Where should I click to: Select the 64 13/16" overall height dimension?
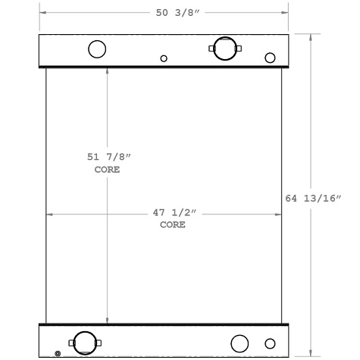coord(314,199)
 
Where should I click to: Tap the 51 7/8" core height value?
coord(107,158)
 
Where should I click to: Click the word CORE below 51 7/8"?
coord(107,170)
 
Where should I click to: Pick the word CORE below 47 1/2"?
coord(172,225)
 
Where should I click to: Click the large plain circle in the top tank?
coord(97,49)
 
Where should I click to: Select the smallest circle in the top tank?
coord(164,58)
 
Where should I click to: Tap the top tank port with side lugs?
coord(224,49)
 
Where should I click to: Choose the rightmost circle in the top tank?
coord(270,58)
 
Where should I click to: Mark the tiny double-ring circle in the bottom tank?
coord(58,353)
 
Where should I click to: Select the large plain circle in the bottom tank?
coord(239,343)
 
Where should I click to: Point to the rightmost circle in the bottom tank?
coord(271,343)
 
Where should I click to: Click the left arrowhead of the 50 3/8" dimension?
coord(42,13)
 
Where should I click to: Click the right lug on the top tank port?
coord(239,49)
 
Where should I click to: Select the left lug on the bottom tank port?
coord(71,343)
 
